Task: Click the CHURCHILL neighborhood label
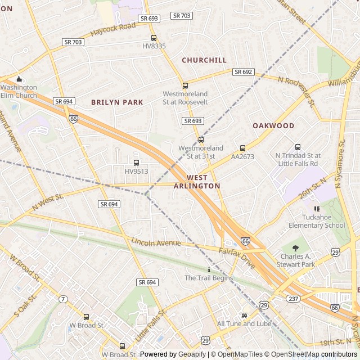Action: pyautogui.click(x=204, y=60)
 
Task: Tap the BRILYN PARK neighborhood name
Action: pyautogui.click(x=117, y=102)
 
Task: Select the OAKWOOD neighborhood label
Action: pyautogui.click(x=273, y=125)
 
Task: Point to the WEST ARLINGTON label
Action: pyautogui.click(x=197, y=181)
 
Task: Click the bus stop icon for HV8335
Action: pyautogui.click(x=154, y=37)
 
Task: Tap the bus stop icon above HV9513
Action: pyautogui.click(x=136, y=163)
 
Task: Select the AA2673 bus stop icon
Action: pyautogui.click(x=242, y=148)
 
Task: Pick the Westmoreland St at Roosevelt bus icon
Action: pyautogui.click(x=185, y=85)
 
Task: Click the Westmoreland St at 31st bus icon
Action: pyautogui.click(x=201, y=139)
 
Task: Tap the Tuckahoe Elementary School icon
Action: pyautogui.click(x=317, y=209)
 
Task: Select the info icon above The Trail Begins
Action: pyautogui.click(x=209, y=270)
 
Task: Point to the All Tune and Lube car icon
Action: pyautogui.click(x=244, y=316)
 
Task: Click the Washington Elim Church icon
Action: pyautogui.click(x=19, y=79)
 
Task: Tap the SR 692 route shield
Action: pyautogui.click(x=244, y=72)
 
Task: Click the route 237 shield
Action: pyautogui.click(x=292, y=298)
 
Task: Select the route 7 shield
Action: pyautogui.click(x=63, y=298)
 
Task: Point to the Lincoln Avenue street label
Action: pyautogui.click(x=156, y=242)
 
